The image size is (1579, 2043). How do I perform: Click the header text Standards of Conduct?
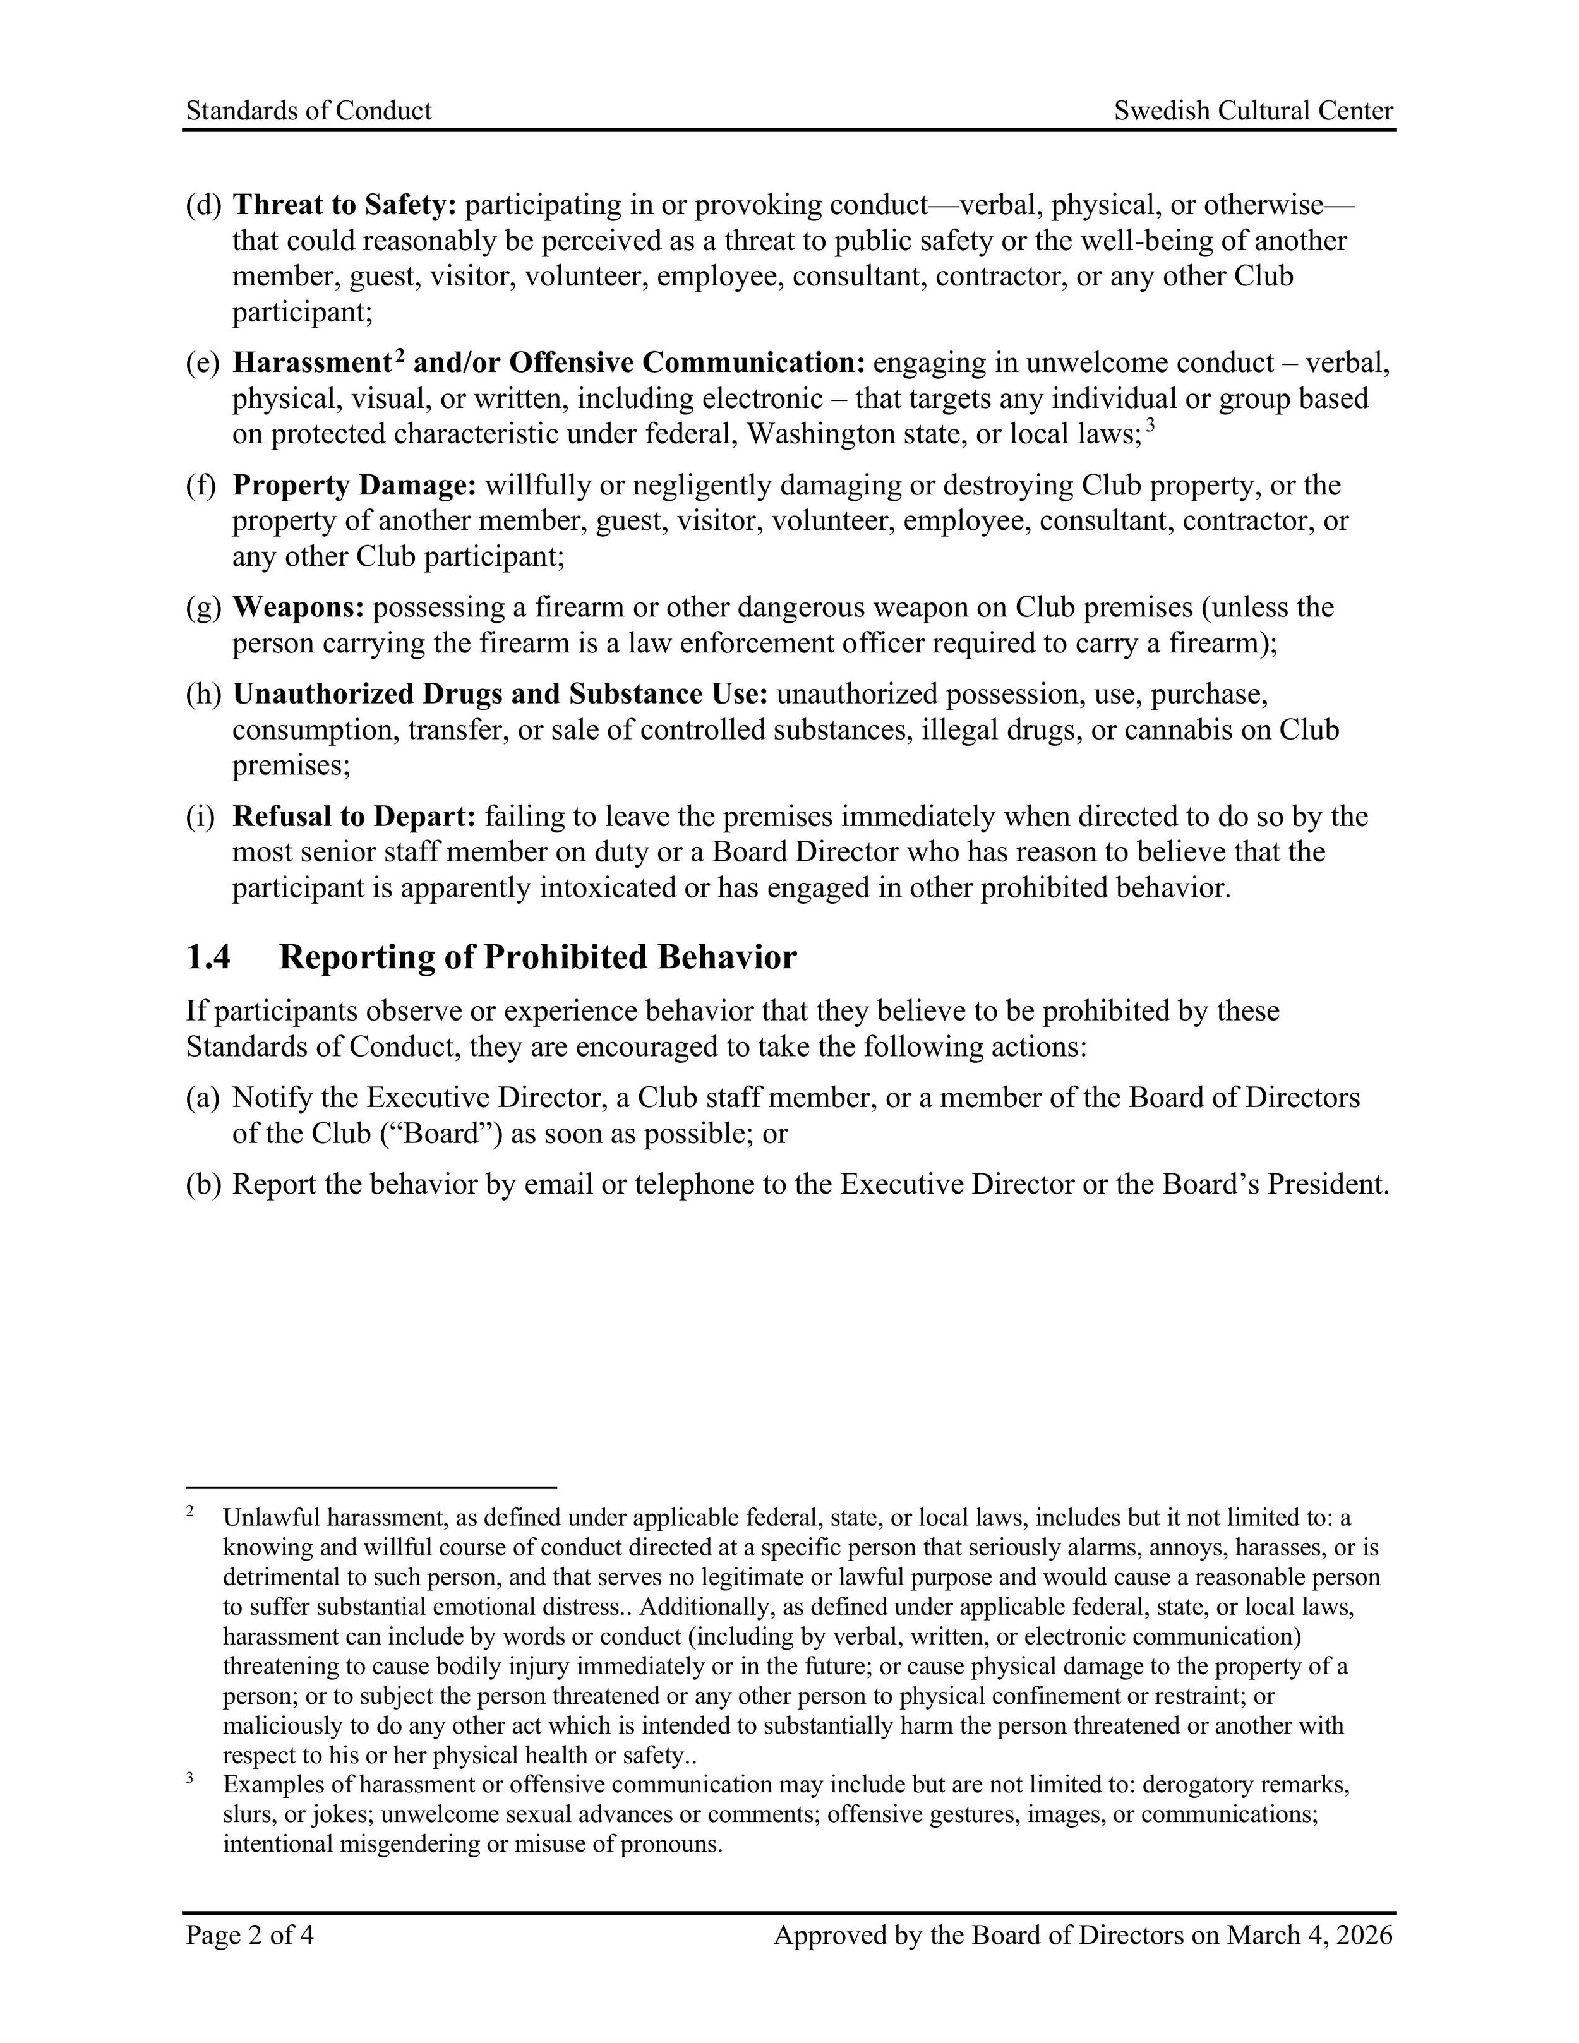click(x=309, y=111)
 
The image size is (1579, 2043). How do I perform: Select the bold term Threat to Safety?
click(x=344, y=205)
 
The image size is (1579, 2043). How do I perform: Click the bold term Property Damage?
click(x=354, y=486)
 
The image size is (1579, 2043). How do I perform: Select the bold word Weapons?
click(x=298, y=608)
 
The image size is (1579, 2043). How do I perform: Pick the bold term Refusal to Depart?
click(x=354, y=817)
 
